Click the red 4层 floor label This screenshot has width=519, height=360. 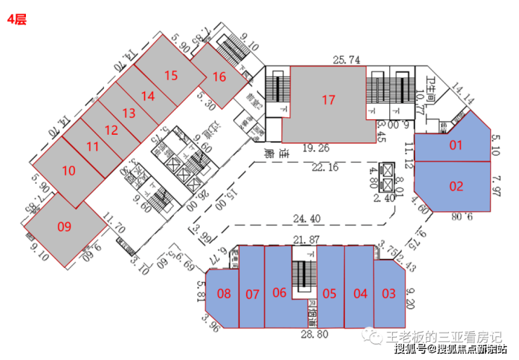pyautogui.click(x=16, y=20)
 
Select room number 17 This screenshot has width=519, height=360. pyautogui.click(x=328, y=100)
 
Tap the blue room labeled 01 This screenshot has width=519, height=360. pyautogui.click(x=457, y=145)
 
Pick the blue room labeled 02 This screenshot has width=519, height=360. pyautogui.click(x=457, y=186)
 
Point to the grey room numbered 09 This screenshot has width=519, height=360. pyautogui.click(x=65, y=226)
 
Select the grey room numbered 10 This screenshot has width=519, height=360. pyautogui.click(x=68, y=170)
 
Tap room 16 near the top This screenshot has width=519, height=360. pyautogui.click(x=220, y=76)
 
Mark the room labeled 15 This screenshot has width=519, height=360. pyautogui.click(x=170, y=76)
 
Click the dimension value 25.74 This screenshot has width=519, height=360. pyautogui.click(x=346, y=60)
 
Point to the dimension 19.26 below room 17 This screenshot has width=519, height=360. pyautogui.click(x=316, y=148)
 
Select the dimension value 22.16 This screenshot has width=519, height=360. pyautogui.click(x=324, y=166)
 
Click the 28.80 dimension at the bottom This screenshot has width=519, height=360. pyautogui.click(x=314, y=335)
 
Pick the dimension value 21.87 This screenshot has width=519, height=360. pyautogui.click(x=304, y=240)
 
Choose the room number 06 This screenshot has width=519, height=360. pyautogui.click(x=279, y=293)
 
